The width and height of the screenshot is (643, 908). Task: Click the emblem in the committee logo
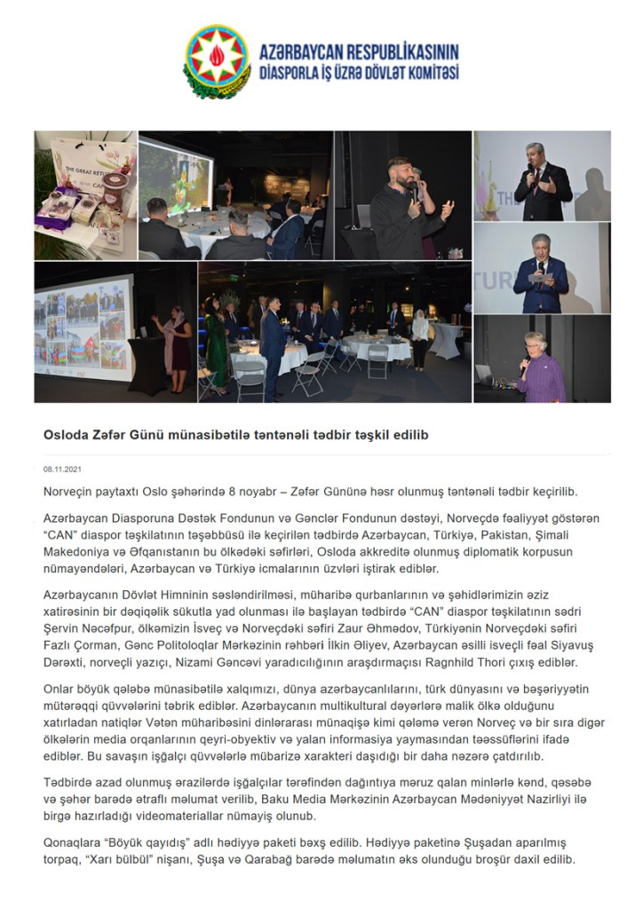point(218,59)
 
